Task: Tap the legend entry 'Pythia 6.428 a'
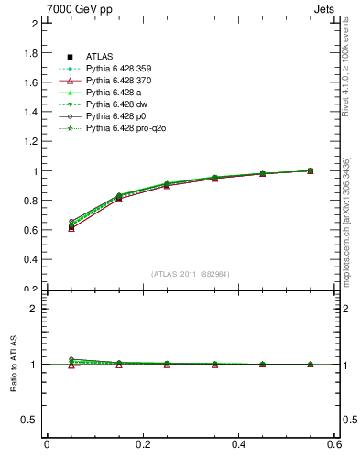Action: click(x=112, y=93)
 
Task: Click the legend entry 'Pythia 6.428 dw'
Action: click(x=115, y=104)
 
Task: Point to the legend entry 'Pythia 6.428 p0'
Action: click(x=115, y=116)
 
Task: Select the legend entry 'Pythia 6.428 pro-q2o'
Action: click(x=125, y=128)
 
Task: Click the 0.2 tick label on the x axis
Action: click(x=142, y=444)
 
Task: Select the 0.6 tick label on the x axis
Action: click(x=334, y=444)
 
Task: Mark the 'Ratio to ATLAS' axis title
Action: click(x=12, y=365)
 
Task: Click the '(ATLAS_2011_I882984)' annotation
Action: click(x=190, y=274)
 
